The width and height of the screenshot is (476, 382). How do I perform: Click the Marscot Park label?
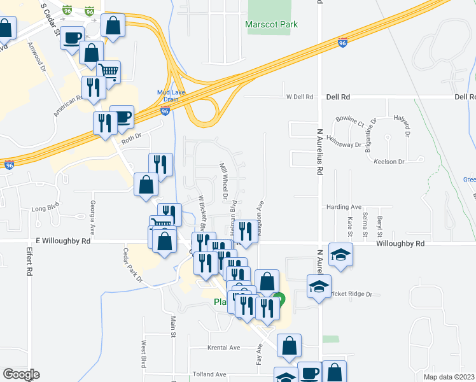point(272,25)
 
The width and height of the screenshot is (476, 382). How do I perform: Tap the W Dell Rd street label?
point(300,97)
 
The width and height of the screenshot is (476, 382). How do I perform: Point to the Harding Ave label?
point(344,207)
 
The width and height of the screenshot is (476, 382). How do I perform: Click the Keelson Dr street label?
point(389,162)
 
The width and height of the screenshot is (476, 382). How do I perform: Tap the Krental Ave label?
point(223,348)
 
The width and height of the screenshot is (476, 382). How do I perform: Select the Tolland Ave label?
point(210,374)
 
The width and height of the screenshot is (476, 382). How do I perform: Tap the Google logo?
point(22,374)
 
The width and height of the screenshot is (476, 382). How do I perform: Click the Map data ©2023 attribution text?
point(449,377)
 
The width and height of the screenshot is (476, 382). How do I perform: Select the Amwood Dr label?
point(38,56)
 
